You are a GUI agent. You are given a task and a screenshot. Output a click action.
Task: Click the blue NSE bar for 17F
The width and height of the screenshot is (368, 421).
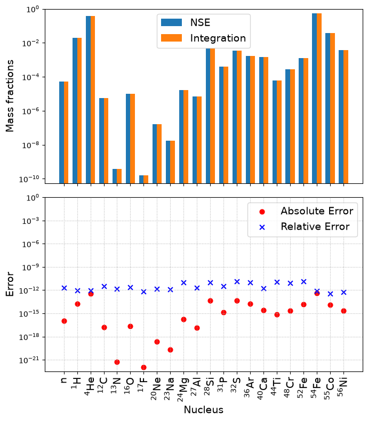[x=141, y=180]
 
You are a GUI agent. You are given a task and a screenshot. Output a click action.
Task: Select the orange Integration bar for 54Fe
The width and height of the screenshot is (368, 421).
[x=319, y=98]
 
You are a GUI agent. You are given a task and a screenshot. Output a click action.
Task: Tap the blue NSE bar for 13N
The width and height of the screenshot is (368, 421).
[x=115, y=176]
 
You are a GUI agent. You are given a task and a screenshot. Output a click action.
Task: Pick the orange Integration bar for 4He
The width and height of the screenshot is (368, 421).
[x=93, y=100]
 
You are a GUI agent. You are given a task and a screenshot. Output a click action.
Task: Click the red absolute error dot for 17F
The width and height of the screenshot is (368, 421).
[x=143, y=367]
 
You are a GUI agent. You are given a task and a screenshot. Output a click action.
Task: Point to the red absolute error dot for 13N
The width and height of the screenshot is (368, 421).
[x=117, y=362]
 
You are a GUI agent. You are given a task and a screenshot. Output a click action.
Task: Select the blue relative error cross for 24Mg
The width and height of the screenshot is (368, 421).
[x=183, y=283]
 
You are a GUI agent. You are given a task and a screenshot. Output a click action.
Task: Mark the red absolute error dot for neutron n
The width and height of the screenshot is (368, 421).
[x=64, y=321]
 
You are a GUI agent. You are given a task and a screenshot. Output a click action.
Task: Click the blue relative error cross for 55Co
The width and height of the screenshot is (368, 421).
[x=330, y=294]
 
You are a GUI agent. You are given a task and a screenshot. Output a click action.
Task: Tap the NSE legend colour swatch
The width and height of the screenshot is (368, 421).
[x=171, y=22]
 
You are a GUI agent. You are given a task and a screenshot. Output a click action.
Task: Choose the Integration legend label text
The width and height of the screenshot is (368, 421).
[x=218, y=38]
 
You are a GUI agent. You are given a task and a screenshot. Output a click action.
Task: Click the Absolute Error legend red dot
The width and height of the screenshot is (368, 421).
[x=262, y=212]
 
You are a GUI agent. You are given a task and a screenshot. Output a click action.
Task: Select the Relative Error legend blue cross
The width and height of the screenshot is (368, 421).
[x=262, y=228]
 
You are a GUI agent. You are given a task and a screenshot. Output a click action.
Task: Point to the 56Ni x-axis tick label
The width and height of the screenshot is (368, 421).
[x=342, y=387]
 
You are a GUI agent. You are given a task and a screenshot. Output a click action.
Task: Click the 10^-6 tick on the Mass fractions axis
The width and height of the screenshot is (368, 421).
[x=31, y=111]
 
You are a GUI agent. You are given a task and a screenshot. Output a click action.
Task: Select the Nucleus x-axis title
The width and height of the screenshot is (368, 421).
[x=204, y=410]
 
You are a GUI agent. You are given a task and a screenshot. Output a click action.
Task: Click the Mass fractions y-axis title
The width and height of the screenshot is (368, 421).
[x=10, y=96]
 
